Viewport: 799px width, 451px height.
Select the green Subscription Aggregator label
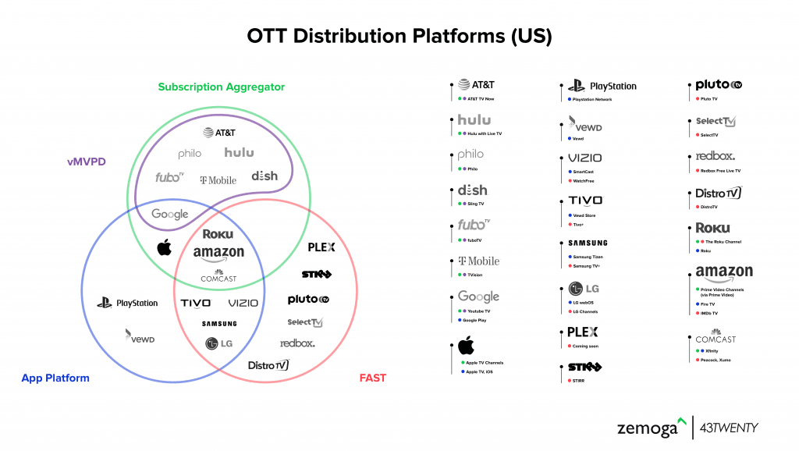(x=221, y=87)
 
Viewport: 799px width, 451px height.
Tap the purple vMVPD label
(x=86, y=162)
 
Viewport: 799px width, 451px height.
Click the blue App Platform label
(x=55, y=378)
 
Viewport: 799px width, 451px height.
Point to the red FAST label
(x=372, y=378)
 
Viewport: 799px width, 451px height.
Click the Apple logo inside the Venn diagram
(x=164, y=248)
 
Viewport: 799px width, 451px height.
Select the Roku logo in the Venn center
(x=218, y=234)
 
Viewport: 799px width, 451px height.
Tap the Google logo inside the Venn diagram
(x=170, y=214)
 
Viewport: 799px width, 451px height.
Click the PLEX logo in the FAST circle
(x=321, y=247)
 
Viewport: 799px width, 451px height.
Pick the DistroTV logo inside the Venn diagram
(x=268, y=364)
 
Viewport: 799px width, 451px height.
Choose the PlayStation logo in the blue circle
(x=128, y=303)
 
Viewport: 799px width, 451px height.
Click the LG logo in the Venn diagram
(x=218, y=343)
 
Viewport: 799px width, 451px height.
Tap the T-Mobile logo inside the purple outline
(x=218, y=180)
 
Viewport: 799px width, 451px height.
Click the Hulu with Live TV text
(x=485, y=133)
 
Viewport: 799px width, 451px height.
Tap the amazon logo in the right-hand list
(x=724, y=273)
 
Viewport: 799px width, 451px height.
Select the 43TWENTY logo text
(x=729, y=428)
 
